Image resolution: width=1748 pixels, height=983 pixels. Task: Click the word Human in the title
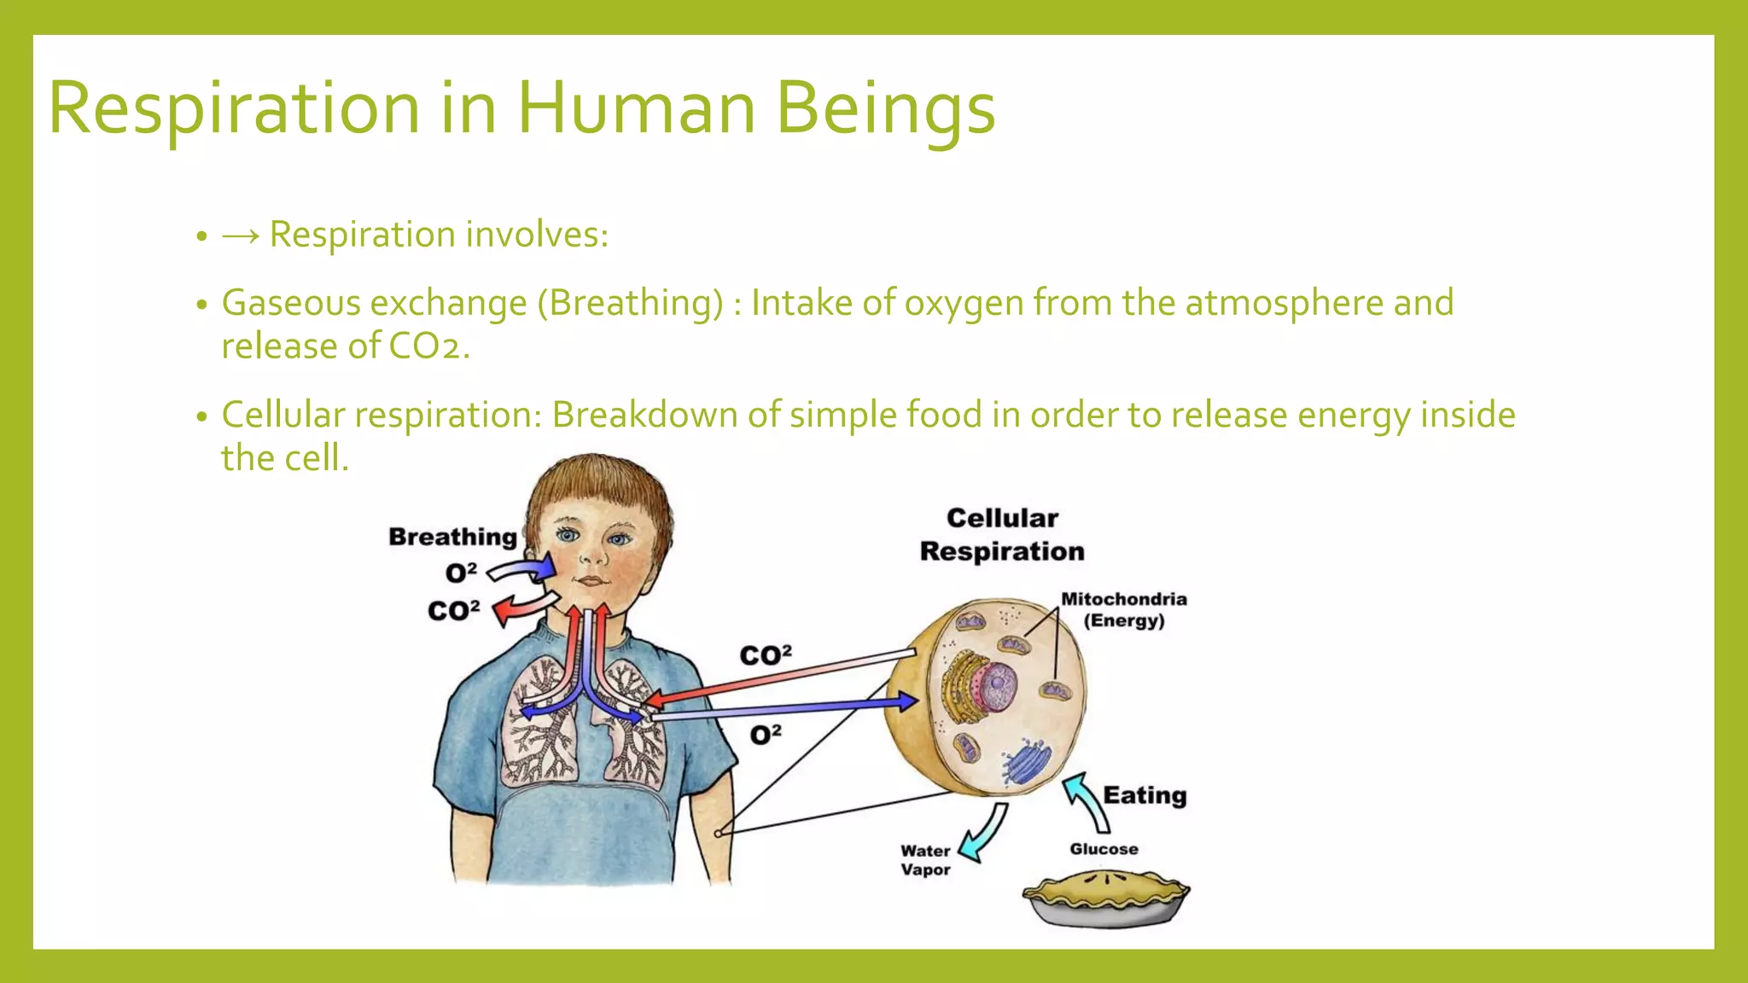pyautogui.click(x=636, y=108)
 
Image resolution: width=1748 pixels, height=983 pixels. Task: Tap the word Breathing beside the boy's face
pyautogui.click(x=452, y=537)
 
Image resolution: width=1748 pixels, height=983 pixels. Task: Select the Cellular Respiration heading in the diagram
pyautogui.click(x=1002, y=535)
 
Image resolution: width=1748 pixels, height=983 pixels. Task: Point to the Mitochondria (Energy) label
pyautogui.click(x=1123, y=609)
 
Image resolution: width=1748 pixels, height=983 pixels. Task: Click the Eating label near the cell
pyautogui.click(x=1145, y=795)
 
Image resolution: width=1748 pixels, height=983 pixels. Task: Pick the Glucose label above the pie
pyautogui.click(x=1104, y=849)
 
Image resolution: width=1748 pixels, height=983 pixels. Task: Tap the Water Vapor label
pyautogui.click(x=925, y=860)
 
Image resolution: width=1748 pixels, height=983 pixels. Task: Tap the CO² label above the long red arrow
pyautogui.click(x=766, y=655)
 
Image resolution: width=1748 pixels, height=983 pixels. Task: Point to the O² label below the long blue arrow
pyautogui.click(x=766, y=734)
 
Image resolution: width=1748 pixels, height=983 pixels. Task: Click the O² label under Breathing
pyautogui.click(x=461, y=573)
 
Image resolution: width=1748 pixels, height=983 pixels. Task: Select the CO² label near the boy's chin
pyautogui.click(x=453, y=611)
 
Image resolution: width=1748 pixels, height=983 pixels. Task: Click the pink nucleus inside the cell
pyautogui.click(x=995, y=687)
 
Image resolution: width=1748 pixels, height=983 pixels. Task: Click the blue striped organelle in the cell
pyautogui.click(x=1027, y=762)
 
